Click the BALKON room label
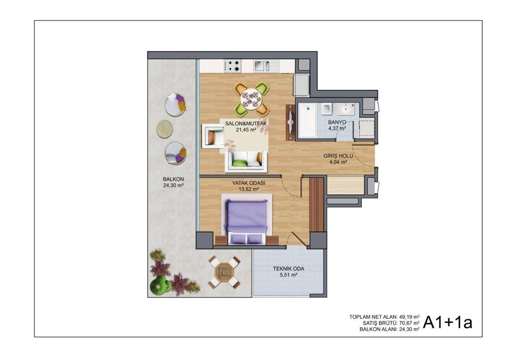pos(173,179)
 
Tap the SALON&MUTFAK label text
pos(246,124)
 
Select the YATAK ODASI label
pos(249,183)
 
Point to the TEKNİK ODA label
pos(289,269)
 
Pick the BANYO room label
pos(337,122)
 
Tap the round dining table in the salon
pos(251,98)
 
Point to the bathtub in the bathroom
pos(307,121)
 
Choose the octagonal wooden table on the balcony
pos(224,271)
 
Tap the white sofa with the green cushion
pos(247,161)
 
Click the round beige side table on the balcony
pos(165,129)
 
